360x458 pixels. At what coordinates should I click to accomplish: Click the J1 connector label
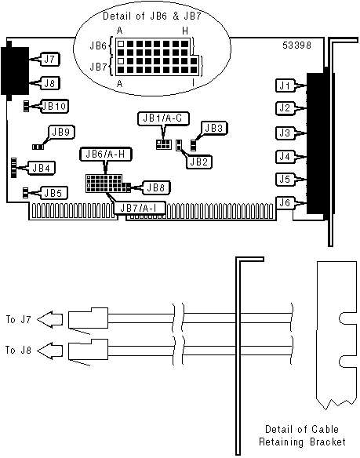coord(285,86)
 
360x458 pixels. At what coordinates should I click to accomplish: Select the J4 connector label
coord(285,157)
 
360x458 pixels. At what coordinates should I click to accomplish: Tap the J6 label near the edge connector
coord(285,202)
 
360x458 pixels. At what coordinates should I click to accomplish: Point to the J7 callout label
coord(49,60)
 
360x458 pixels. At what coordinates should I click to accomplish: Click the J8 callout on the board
coord(49,83)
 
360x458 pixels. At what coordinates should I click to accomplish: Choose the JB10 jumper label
coord(54,107)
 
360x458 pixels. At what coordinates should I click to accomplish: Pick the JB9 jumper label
coord(60,133)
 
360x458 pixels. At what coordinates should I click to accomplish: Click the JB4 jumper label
coord(42,168)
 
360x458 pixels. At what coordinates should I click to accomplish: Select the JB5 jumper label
coord(55,193)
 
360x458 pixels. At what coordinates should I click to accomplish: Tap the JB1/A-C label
coord(163,118)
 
